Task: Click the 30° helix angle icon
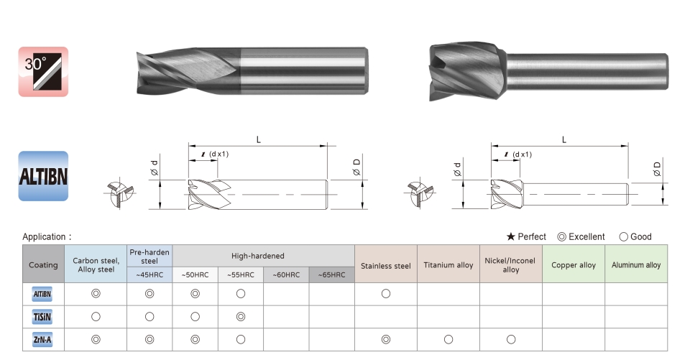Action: click(43, 72)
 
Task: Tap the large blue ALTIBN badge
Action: click(43, 176)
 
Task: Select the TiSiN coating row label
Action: click(42, 317)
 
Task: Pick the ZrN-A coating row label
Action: click(42, 340)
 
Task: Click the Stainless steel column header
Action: click(385, 266)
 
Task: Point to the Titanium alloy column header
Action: click(448, 265)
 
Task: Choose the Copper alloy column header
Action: click(574, 265)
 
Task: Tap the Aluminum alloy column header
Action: click(636, 265)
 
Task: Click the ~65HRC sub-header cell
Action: click(332, 274)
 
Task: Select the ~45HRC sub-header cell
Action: click(149, 274)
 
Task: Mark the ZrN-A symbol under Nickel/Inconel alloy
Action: click(511, 339)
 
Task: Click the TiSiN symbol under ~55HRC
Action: click(241, 316)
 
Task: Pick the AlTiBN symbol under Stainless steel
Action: click(386, 294)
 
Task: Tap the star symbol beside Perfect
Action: click(510, 237)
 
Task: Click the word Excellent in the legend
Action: click(586, 237)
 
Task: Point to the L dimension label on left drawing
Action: click(259, 140)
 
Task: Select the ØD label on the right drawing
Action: click(656, 169)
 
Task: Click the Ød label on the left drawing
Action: click(154, 168)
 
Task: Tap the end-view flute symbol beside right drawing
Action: click(420, 193)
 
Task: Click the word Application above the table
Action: click(44, 237)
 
